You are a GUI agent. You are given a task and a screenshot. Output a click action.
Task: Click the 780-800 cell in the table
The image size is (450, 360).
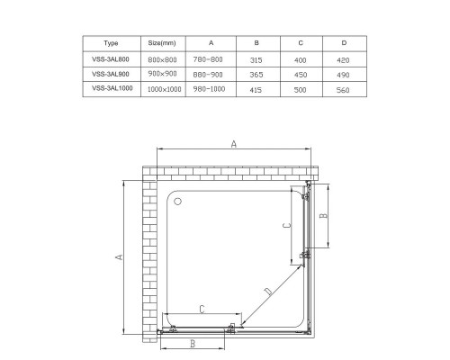click(211, 58)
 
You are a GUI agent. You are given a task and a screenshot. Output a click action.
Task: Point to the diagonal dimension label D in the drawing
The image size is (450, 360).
click(267, 291)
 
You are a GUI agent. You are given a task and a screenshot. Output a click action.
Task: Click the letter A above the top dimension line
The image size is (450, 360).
click(233, 143)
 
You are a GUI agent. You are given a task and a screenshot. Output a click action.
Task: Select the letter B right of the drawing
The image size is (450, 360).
click(330, 216)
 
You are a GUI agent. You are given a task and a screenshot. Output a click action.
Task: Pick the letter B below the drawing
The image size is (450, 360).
click(193, 344)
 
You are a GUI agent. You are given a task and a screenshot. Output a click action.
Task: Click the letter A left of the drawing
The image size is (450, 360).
click(120, 256)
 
